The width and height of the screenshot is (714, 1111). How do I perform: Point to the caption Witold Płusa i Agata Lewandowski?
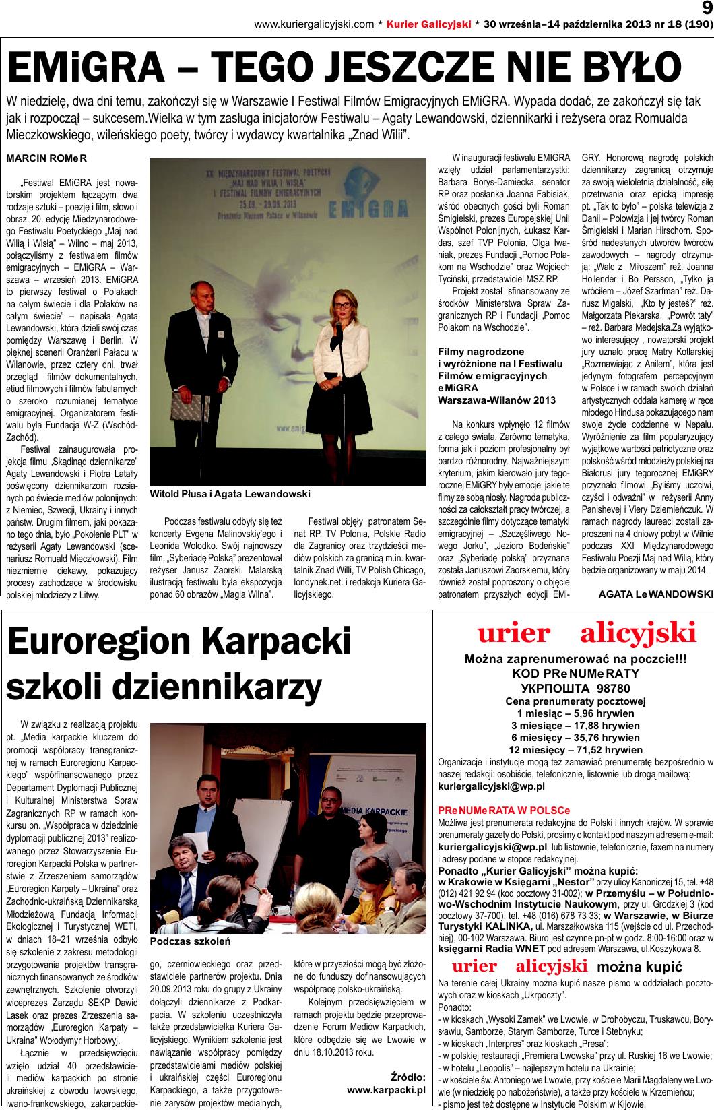coord(230,513)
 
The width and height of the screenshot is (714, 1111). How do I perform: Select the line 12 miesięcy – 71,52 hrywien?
coord(575,749)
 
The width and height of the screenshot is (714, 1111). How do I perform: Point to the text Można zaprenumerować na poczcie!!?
coord(575,660)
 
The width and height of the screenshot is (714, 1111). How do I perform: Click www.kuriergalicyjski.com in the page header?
coord(313,25)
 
